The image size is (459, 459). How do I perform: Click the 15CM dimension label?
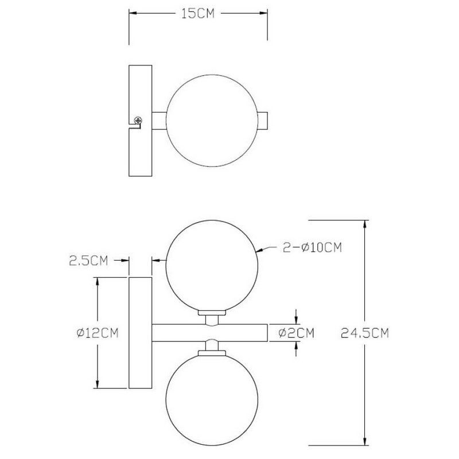198,13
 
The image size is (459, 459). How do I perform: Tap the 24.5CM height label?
365,333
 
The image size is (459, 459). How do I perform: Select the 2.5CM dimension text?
88,260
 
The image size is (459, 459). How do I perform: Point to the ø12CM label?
98,333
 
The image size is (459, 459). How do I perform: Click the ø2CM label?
296,333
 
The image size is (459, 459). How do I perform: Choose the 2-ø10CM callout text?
312,247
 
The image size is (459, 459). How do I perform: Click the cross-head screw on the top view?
138,120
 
